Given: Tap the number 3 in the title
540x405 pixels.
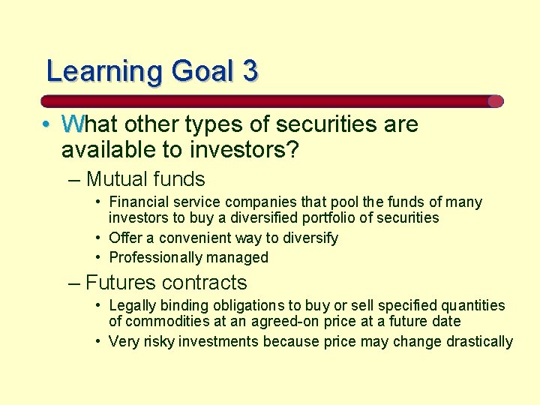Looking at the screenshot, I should tap(250, 71).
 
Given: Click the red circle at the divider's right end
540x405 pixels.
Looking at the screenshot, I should tap(495, 101).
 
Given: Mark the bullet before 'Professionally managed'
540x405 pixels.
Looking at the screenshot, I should tap(99, 257).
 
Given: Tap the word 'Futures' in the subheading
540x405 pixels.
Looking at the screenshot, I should tap(121, 283).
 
